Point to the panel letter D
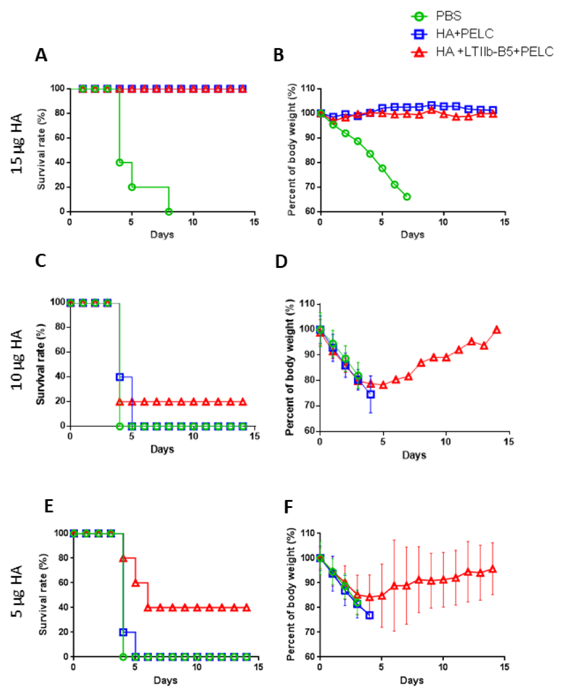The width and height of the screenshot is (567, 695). click(x=281, y=262)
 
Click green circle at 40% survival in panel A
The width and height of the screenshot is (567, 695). click(x=120, y=162)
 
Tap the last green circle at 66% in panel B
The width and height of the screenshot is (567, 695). click(x=407, y=197)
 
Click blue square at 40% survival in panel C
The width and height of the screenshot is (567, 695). click(x=120, y=377)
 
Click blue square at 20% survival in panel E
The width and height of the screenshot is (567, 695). click(x=123, y=632)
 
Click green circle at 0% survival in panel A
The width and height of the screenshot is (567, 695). click(x=168, y=212)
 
